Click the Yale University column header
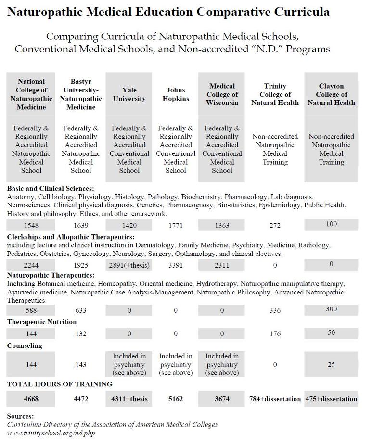pos(129,94)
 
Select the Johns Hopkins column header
pos(176,94)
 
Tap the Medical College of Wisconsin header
pos(222,94)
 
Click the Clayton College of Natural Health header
pos(331,94)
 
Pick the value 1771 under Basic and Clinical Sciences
pos(176,225)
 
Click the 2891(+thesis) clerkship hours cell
pos(129,265)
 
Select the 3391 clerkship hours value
pos(176,265)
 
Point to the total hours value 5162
pos(176,399)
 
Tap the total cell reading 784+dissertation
pos(275,399)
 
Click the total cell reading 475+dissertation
pos(331,399)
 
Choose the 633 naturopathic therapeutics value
pos(81,310)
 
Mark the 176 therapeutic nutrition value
pos(275,333)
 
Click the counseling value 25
pos(331,365)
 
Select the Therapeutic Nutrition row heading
pos(41,322)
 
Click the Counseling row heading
pos(25,345)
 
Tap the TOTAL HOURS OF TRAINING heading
pos(59,384)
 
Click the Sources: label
pos(20,416)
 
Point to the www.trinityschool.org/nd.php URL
pos(51,433)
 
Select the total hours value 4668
pos(31,399)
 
